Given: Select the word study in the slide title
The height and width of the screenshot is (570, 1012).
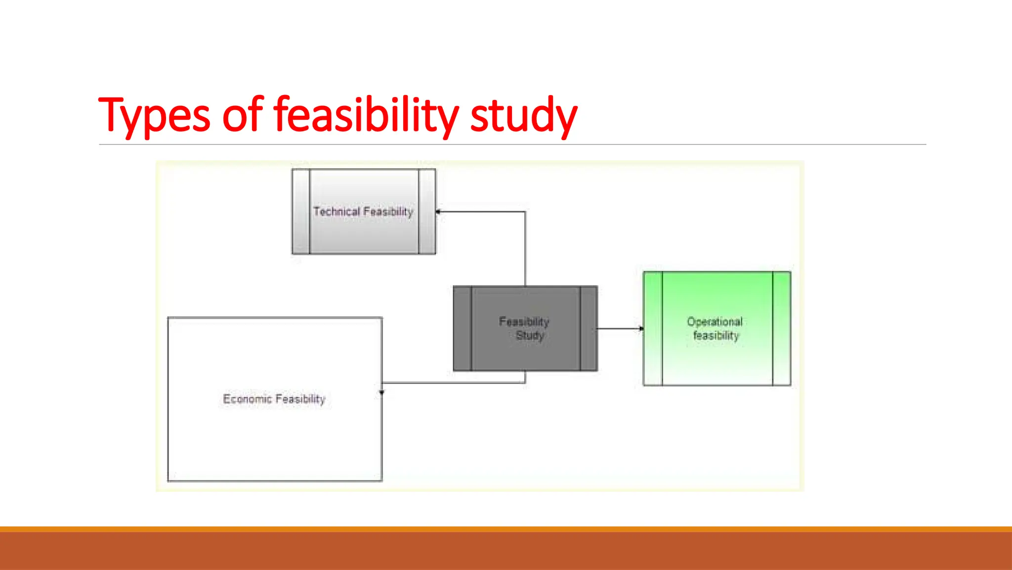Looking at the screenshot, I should [x=524, y=115].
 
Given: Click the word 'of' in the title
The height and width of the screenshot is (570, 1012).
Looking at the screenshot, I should [x=242, y=115].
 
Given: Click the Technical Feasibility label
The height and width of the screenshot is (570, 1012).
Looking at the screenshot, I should [x=363, y=212].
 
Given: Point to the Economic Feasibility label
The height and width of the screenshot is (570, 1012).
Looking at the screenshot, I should [x=274, y=399].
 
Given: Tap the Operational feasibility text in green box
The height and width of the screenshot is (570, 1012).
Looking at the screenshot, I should [x=716, y=329].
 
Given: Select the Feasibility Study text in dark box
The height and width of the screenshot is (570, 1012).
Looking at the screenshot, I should [x=525, y=329].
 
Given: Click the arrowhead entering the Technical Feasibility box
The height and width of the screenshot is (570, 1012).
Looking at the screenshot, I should [x=438, y=212].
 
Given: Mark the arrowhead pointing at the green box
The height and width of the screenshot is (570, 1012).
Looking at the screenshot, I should [x=641, y=329].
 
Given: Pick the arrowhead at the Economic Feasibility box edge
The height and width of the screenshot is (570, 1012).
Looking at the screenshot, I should [x=381, y=392].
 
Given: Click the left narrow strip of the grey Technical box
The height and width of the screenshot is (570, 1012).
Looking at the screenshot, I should [x=300, y=212].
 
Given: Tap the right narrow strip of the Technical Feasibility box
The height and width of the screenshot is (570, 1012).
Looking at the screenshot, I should [x=427, y=212].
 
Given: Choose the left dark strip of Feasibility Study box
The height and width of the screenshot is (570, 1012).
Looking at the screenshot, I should [x=463, y=329].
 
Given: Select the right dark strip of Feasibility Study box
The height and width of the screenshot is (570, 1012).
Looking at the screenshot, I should [x=589, y=329].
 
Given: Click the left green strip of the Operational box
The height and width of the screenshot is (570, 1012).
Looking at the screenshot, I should [x=653, y=329].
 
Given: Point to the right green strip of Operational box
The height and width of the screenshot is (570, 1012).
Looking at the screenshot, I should [x=782, y=329].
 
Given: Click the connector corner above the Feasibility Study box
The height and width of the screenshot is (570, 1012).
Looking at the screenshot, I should [x=525, y=212].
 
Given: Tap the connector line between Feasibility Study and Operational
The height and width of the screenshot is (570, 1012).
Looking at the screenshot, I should [x=619, y=329].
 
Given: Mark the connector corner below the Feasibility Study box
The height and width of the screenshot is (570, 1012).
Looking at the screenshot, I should [x=525, y=382].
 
